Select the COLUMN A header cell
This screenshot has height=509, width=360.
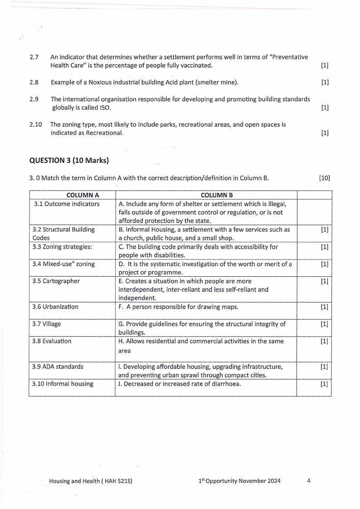[x=83, y=195]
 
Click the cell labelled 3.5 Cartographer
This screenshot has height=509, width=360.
[x=56, y=281]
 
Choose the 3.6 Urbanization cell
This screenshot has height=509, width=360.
[x=55, y=307]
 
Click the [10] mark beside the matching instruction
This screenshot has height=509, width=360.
[x=325, y=178]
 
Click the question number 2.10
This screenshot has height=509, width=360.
[x=36, y=124]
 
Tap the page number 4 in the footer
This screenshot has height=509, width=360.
[x=308, y=481]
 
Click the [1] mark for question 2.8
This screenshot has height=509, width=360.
[x=325, y=83]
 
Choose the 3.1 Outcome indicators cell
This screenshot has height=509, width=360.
[x=67, y=204]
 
